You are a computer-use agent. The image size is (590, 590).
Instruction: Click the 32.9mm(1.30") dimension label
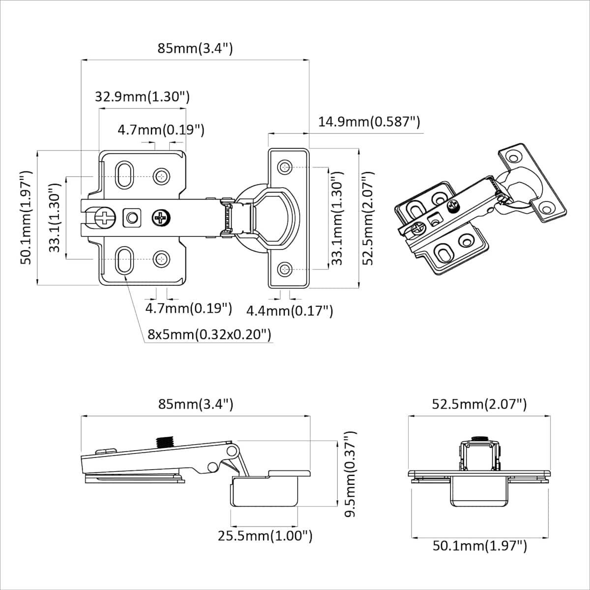pos(143,97)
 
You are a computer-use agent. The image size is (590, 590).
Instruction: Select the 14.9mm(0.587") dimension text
pos(369,122)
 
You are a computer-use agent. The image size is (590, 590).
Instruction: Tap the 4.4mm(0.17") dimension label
pos(290,311)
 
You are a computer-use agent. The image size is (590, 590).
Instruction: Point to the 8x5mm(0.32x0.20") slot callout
pos(209,334)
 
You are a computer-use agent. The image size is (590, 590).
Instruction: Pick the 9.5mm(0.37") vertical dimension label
pos(350,474)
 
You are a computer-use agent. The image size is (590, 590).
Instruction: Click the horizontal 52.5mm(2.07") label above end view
pos(479,404)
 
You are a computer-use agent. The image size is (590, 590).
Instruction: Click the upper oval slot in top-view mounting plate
pos(124,175)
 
